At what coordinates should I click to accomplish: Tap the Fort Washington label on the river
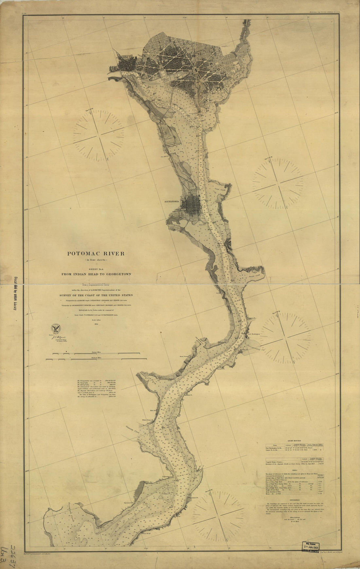point(254,334)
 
